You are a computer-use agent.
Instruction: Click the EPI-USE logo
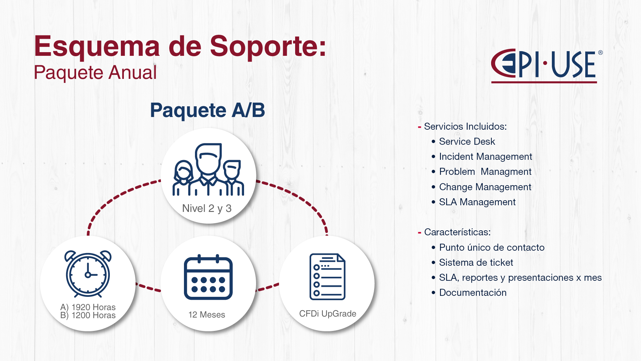[547, 66]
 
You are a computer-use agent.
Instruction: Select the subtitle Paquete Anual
[95, 73]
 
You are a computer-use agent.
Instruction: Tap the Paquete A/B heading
[207, 110]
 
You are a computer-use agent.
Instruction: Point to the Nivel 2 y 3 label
[207, 208]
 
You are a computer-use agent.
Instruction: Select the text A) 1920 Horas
[88, 307]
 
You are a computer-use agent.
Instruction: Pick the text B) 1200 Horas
[88, 315]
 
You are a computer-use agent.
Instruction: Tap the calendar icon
[208, 277]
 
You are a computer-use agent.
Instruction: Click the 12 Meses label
[207, 315]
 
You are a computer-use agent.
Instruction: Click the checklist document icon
[328, 276]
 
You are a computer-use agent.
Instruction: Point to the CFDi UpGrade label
[328, 314]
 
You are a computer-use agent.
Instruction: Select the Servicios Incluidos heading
[465, 126]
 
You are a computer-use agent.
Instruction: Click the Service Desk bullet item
[467, 141]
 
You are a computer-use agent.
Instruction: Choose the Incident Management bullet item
[486, 156]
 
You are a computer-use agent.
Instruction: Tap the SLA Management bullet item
[477, 202]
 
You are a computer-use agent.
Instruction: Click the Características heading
[457, 232]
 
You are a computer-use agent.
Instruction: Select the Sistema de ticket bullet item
[476, 262]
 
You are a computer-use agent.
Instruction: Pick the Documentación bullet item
[473, 292]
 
